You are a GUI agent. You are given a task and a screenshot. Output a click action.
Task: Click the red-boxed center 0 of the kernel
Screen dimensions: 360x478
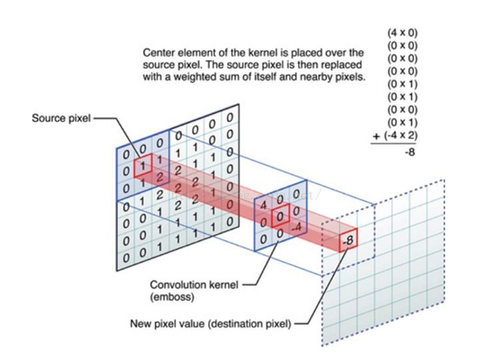click(282, 218)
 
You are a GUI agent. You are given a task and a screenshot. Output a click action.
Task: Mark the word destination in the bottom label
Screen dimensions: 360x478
click(238, 325)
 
